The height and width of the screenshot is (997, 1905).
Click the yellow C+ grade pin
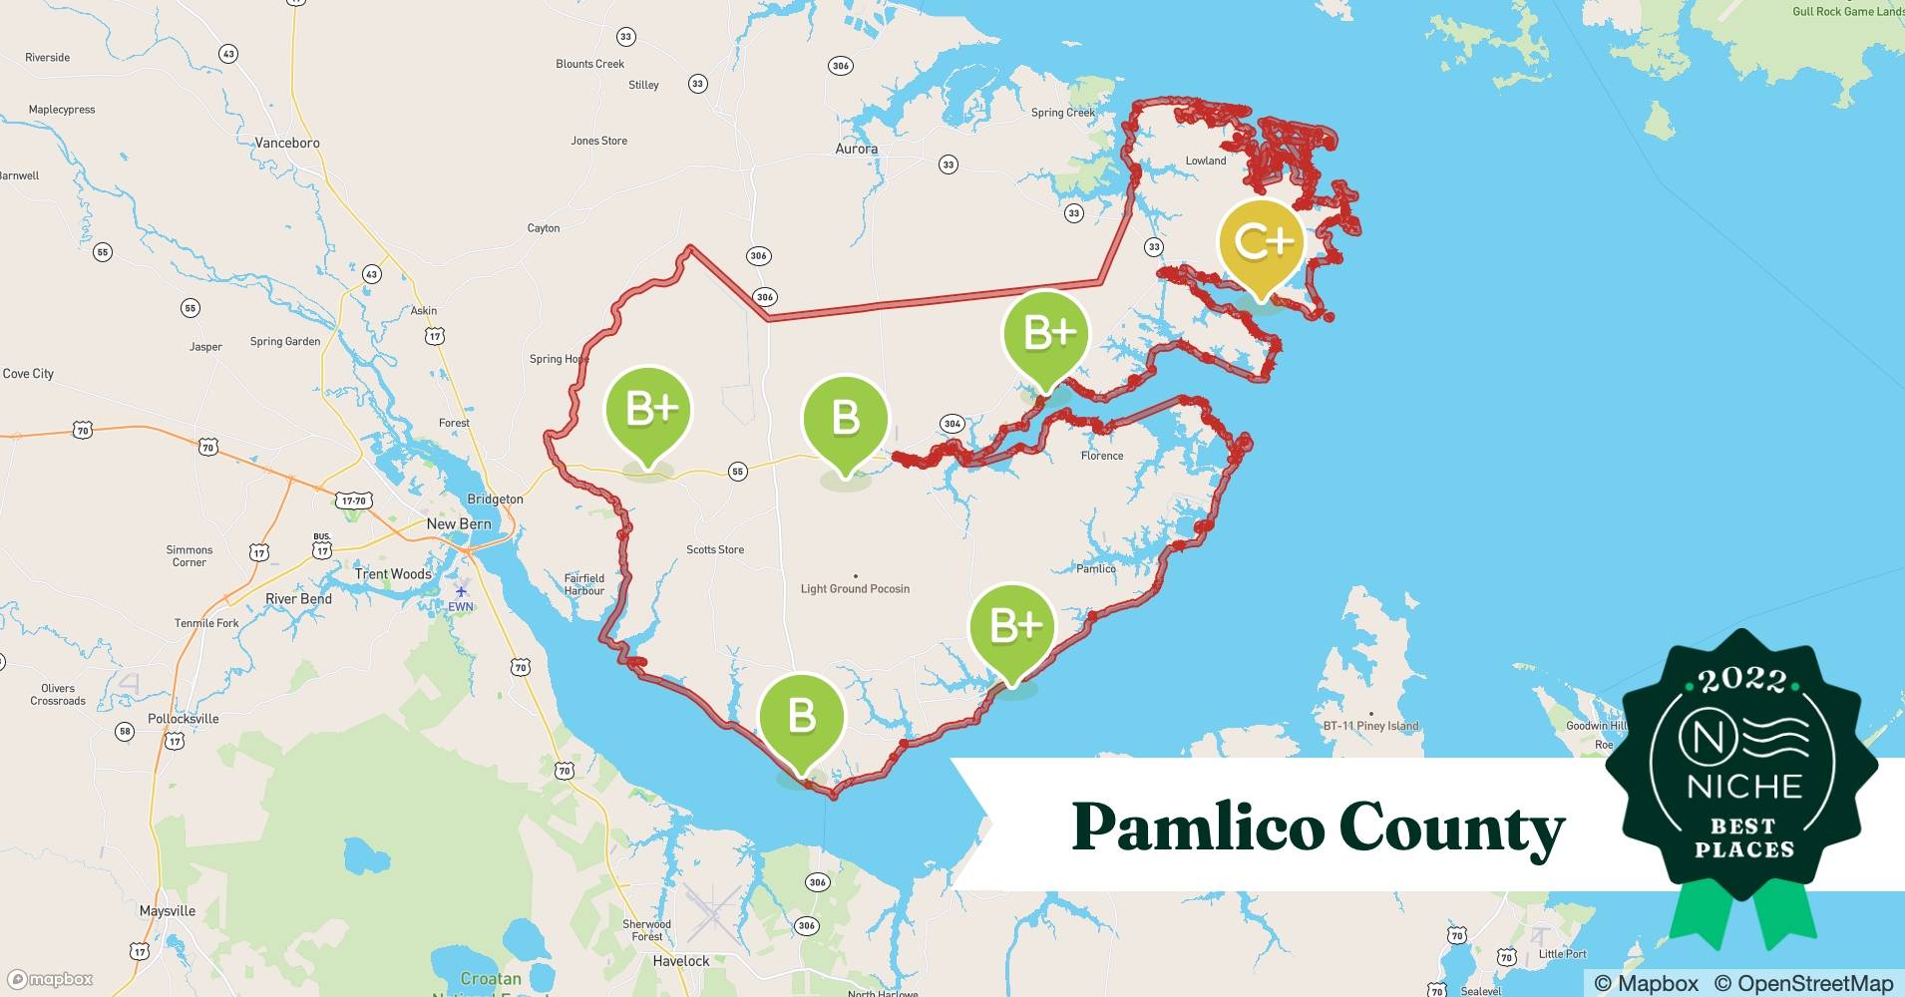(x=1262, y=242)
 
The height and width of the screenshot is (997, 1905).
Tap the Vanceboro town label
(x=287, y=143)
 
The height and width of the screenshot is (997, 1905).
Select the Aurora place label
(x=856, y=149)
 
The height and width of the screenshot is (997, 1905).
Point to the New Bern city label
(x=459, y=523)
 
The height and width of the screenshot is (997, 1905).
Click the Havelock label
(x=681, y=961)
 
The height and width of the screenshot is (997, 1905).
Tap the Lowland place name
(x=1206, y=161)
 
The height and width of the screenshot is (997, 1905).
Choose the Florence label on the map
(x=1102, y=456)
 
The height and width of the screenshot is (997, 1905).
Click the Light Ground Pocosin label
(x=855, y=589)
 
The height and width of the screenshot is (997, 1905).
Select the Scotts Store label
(x=715, y=549)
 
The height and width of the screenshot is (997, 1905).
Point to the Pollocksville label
(x=184, y=718)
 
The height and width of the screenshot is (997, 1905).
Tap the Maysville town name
(x=168, y=911)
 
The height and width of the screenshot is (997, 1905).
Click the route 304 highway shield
(x=952, y=424)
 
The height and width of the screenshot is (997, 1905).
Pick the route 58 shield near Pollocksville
(x=125, y=732)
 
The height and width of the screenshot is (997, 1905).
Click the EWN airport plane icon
(x=460, y=589)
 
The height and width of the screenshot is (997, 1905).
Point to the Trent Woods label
(x=393, y=574)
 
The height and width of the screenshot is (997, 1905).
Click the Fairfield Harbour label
(x=584, y=584)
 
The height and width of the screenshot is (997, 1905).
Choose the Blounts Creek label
(x=589, y=64)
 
